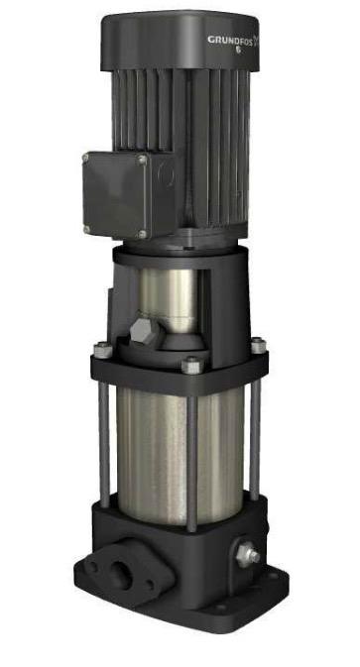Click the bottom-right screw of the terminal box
(x=142, y=234)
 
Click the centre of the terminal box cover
(x=116, y=195)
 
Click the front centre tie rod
(x=191, y=446)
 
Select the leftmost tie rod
(x=103, y=436)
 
